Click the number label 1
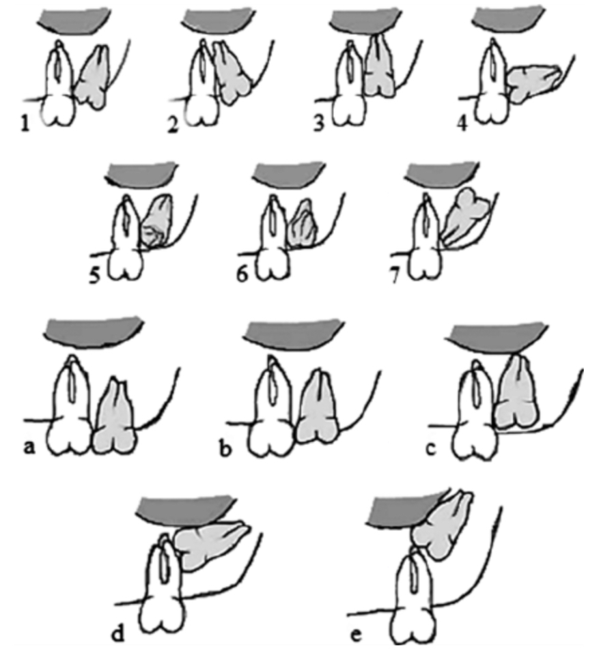(25, 124)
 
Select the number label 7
(395, 274)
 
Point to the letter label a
(29, 448)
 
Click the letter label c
(431, 449)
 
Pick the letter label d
(118, 633)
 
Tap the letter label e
(356, 635)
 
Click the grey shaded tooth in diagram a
(114, 417)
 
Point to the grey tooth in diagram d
(210, 543)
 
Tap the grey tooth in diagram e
(442, 525)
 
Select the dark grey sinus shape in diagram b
(294, 335)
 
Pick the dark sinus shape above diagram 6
(288, 175)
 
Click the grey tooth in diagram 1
(93, 78)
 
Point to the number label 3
(319, 124)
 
